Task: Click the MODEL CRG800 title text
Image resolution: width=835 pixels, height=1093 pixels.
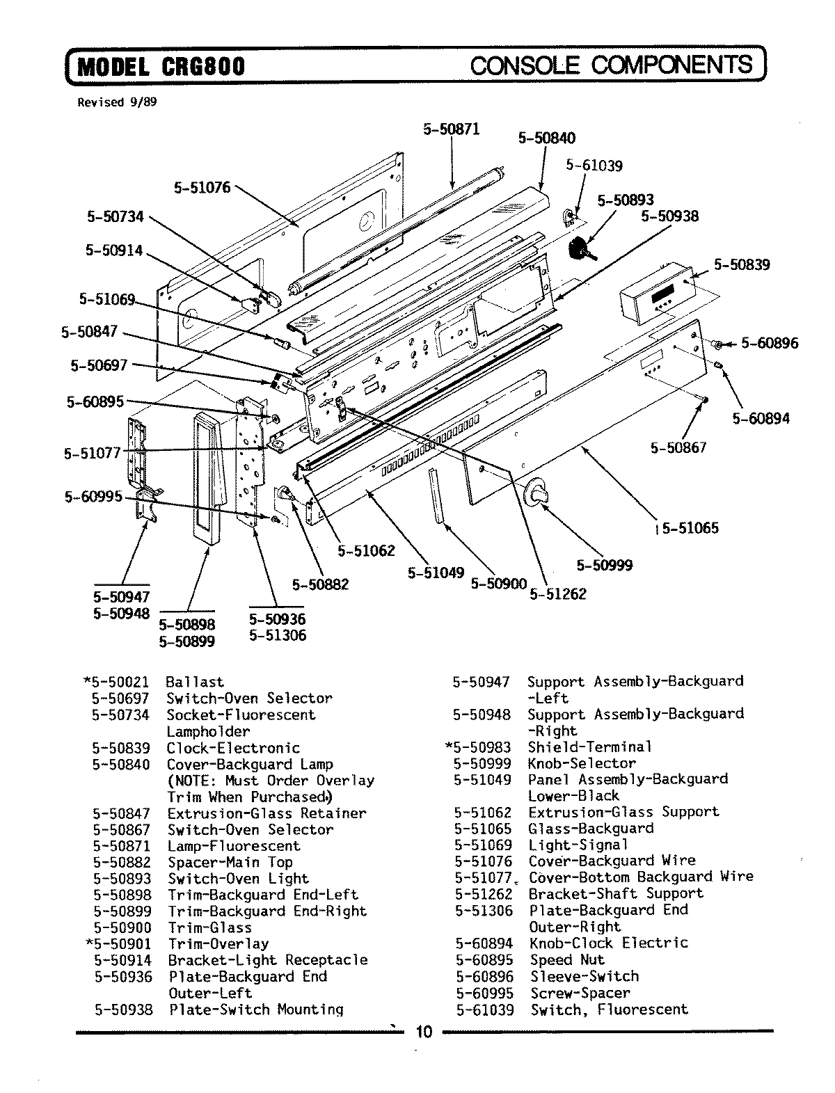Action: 161,67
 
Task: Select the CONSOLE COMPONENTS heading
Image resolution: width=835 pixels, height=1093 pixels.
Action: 612,65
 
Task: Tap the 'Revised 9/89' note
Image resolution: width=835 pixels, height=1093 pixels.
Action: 117,102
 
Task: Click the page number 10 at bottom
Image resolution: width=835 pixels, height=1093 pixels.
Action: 424,1032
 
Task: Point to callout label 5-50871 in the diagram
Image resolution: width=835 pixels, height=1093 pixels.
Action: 451,129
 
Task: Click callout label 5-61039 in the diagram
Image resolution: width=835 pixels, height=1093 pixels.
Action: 594,166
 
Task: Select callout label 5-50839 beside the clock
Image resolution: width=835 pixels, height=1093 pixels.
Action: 742,264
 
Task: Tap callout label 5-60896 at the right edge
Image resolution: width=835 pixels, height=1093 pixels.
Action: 769,342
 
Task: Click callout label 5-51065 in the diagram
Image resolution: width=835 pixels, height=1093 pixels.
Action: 690,528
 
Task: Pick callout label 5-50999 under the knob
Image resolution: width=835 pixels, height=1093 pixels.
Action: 605,565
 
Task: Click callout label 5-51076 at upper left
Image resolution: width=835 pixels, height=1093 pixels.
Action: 202,187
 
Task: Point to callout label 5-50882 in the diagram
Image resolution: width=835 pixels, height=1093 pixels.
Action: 320,585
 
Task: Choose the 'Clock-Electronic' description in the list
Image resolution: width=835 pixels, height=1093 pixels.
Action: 233,749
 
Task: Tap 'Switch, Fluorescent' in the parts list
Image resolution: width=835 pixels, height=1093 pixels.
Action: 609,1010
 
